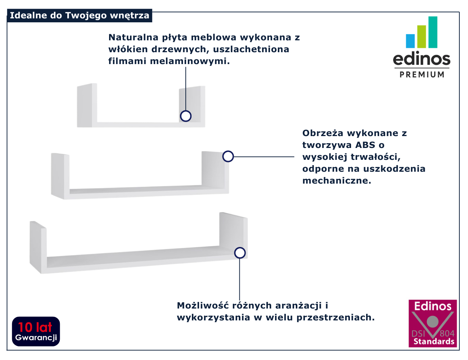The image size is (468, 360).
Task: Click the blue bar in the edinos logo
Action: [x=410, y=41]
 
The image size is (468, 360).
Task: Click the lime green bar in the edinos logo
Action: [x=422, y=37]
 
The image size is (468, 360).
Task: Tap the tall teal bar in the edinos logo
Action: [x=433, y=32]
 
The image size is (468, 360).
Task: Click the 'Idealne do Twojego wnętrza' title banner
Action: [x=80, y=15]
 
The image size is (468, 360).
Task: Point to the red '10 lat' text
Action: [x=35, y=327]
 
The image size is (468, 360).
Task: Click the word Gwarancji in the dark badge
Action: [x=36, y=338]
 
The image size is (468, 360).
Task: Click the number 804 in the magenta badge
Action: [x=447, y=334]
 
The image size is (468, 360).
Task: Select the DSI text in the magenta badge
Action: [x=418, y=334]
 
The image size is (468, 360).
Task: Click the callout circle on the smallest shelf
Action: [x=186, y=116]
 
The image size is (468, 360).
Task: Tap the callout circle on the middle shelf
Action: [x=228, y=156]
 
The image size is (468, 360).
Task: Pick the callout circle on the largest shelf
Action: [x=240, y=253]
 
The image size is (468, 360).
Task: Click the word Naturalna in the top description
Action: [x=134, y=37]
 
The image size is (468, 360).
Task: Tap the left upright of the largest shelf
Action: [x=38, y=247]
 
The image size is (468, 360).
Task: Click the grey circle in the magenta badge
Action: [x=433, y=322]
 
